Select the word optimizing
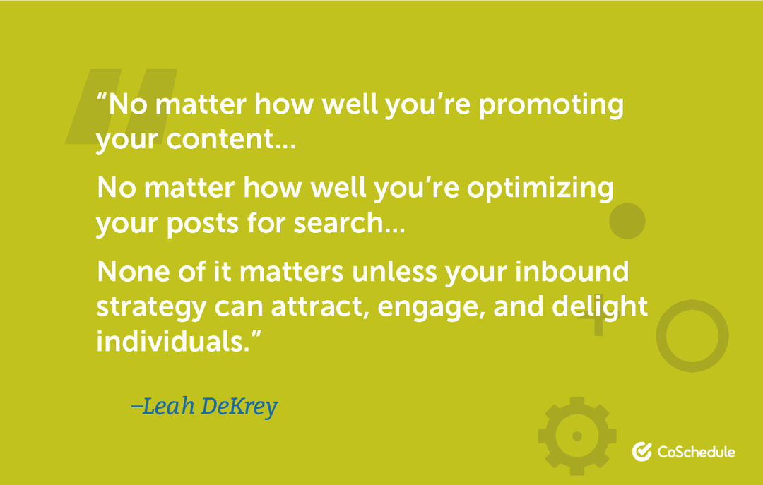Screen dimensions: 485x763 point(543,189)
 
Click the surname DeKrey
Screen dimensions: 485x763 point(239,407)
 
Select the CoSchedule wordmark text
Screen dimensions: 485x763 point(696,452)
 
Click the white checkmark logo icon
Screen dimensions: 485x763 point(641,452)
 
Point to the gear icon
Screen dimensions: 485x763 point(576,436)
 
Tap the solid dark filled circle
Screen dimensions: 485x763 point(627,221)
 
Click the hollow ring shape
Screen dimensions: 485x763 point(692,336)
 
